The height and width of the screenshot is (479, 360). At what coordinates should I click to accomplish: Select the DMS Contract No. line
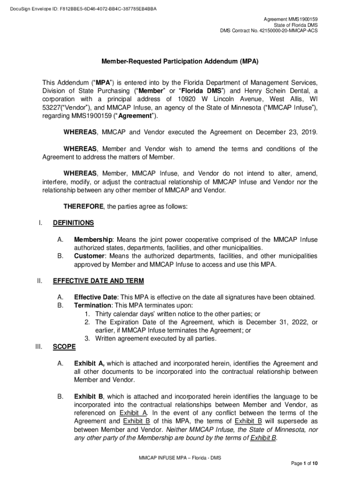coord(269,31)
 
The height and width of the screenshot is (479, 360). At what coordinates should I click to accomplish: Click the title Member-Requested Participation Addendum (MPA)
coord(180,61)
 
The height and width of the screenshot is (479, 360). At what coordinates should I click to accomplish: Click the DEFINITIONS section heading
coord(73,223)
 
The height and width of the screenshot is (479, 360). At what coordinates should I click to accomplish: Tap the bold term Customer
coord(89,256)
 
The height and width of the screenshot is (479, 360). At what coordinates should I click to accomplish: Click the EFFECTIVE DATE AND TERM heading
coord(99,281)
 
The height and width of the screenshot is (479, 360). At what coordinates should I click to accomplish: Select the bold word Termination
coord(93,305)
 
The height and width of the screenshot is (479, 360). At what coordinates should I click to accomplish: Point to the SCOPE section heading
coord(63,347)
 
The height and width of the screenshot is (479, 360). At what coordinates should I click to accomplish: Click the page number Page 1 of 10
coord(305,464)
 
